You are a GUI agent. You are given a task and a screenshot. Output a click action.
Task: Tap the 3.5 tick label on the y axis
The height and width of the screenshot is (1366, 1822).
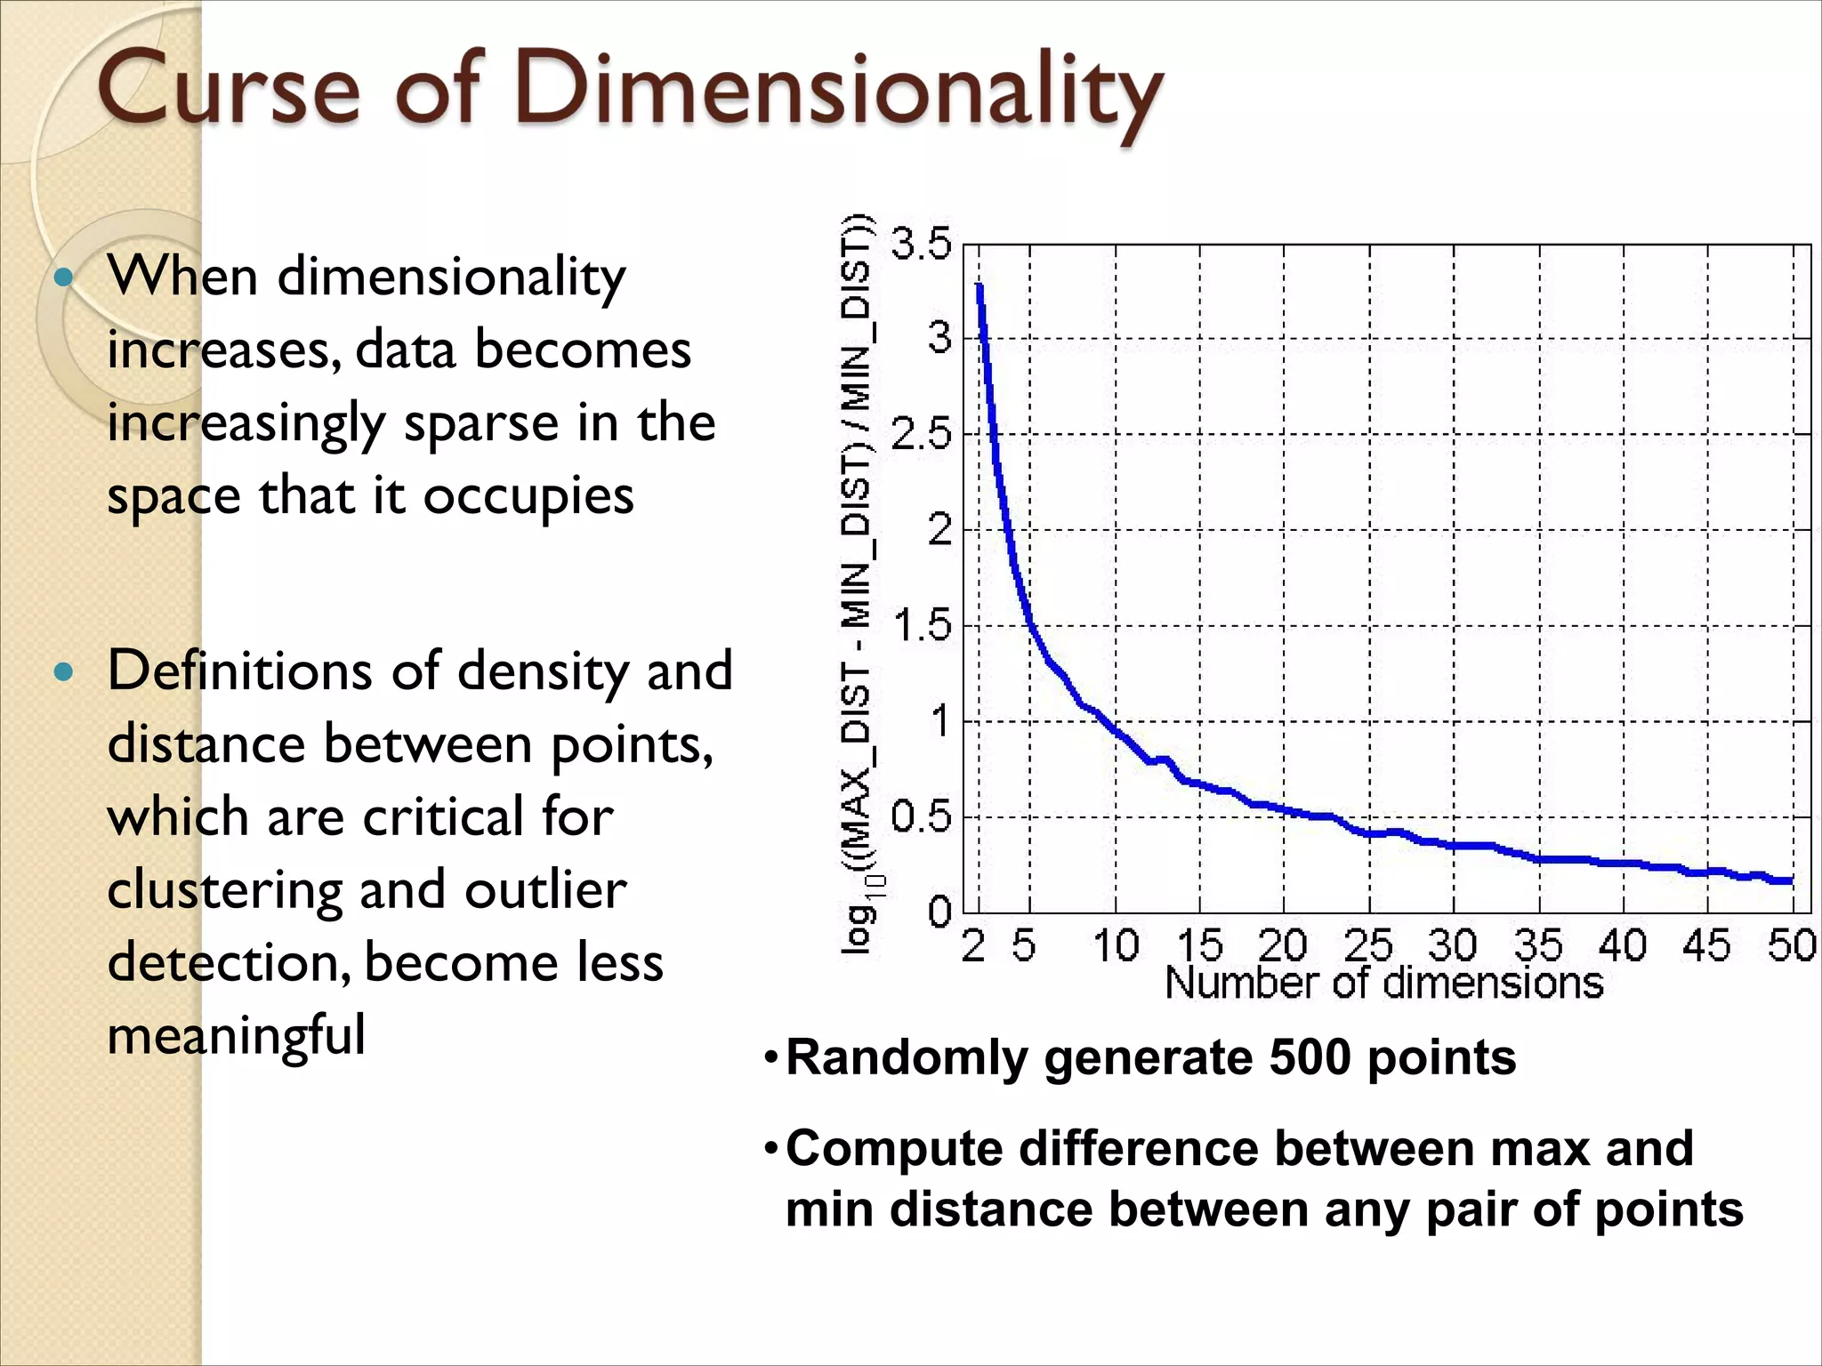coord(922,243)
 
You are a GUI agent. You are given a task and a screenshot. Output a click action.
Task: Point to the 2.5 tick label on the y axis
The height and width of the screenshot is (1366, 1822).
coord(922,435)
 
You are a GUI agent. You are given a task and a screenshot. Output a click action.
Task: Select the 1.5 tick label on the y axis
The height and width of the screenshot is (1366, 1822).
coord(922,626)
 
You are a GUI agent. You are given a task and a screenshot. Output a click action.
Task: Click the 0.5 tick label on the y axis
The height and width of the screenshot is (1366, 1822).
coord(922,816)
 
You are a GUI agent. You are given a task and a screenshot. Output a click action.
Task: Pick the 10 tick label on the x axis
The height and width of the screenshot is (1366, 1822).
coord(1116,944)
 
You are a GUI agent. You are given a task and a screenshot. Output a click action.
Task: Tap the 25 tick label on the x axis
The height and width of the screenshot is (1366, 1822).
coord(1368,944)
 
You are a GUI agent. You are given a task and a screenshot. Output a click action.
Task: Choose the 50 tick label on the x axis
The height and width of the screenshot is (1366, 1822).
coord(1791,944)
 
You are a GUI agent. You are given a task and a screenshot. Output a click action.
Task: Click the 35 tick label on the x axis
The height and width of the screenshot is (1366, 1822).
coord(1538,944)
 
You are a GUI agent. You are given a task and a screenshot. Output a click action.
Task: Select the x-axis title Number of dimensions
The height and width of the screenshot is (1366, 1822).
coord(1383,984)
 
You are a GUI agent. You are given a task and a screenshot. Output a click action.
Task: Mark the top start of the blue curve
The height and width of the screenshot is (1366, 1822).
coord(980,287)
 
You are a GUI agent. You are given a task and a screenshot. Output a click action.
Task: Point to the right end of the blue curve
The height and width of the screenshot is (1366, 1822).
coord(1790,880)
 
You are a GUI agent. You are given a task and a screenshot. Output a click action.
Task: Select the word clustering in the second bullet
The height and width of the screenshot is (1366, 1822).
coord(225,890)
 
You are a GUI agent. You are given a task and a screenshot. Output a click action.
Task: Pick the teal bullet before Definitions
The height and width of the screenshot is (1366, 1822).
coord(63,671)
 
